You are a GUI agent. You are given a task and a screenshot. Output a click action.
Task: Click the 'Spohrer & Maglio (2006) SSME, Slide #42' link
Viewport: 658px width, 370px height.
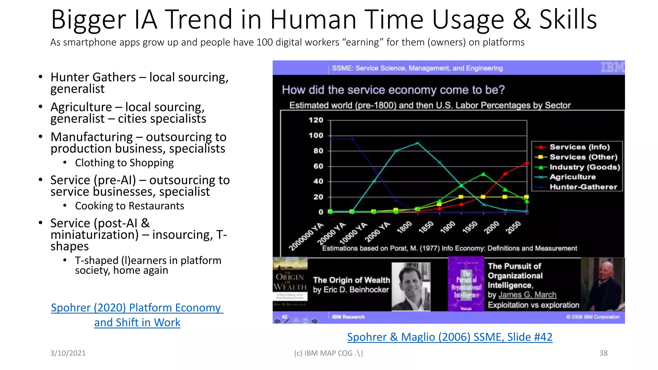tap(449, 337)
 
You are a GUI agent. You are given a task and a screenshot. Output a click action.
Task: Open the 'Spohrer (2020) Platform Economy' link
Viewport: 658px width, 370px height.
tap(137, 308)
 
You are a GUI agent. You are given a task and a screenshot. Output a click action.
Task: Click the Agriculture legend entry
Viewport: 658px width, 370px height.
tap(572, 177)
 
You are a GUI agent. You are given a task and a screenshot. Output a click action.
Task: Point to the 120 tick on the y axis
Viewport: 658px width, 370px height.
tap(316, 120)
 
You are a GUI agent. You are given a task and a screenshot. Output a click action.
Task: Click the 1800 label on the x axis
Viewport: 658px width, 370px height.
tap(404, 227)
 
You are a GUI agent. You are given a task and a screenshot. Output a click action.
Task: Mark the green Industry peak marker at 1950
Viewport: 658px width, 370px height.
tap(483, 174)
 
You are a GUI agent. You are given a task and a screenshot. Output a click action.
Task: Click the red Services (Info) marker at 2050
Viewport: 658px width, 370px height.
tap(527, 163)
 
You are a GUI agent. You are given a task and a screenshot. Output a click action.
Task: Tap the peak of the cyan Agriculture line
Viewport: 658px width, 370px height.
tap(418, 143)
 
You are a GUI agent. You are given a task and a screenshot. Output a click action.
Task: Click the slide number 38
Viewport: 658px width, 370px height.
tap(603, 353)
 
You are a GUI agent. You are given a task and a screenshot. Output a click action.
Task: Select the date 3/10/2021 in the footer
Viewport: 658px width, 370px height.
tap(68, 353)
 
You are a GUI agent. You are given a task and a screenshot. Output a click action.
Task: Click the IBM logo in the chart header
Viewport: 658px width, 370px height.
tap(612, 67)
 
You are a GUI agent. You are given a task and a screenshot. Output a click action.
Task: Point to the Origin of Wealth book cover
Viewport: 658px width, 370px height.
tap(290, 284)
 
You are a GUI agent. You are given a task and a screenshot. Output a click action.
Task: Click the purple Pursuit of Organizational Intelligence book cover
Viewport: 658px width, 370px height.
tap(466, 284)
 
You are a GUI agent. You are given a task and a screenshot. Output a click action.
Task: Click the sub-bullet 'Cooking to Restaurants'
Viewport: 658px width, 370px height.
tap(129, 206)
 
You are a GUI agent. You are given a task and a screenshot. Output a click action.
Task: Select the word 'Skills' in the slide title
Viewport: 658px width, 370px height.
tap(568, 20)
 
